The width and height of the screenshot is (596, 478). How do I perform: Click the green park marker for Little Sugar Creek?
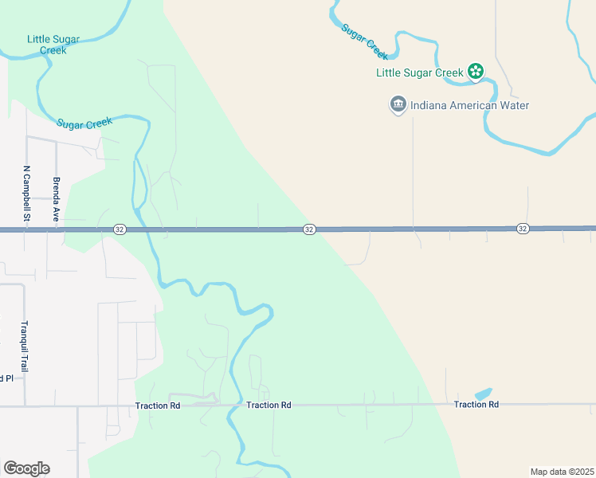point(476,72)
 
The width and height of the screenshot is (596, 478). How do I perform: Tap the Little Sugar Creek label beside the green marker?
point(420,72)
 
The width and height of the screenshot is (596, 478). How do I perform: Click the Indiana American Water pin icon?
point(398,104)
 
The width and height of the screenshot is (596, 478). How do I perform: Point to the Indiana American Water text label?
point(470,105)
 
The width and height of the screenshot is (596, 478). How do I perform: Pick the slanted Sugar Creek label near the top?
point(364,41)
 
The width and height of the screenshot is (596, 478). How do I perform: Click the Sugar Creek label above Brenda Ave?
point(84,123)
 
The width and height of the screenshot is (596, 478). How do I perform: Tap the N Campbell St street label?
point(26,194)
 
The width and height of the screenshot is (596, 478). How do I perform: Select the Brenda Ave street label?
point(56,198)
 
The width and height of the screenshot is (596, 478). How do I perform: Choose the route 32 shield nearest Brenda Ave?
point(119,229)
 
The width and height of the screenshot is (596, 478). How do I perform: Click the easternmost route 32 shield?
point(523,229)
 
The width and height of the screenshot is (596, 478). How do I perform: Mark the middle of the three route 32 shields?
point(309,229)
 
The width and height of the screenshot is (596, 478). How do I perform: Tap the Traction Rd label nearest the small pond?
point(476,405)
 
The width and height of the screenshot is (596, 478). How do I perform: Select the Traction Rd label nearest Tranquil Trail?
point(158,406)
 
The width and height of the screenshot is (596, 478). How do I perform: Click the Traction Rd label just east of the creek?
point(269,406)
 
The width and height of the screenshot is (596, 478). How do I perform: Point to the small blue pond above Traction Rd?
point(483,394)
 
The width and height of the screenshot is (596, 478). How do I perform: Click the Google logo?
point(26,468)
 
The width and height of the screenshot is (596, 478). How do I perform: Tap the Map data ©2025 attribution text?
point(562,472)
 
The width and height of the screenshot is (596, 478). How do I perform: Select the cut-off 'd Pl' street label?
point(6,378)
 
